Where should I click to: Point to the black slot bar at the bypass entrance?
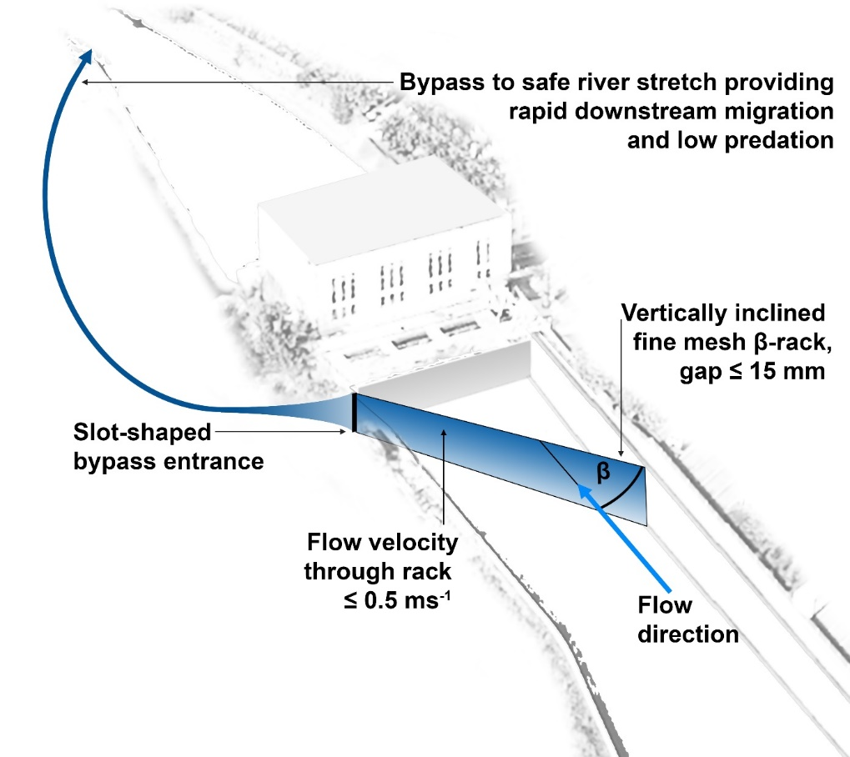[x=355, y=414]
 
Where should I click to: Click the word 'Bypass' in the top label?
[x=443, y=83]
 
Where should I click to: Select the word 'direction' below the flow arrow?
[x=688, y=634]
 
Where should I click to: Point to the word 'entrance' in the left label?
[x=223, y=460]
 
